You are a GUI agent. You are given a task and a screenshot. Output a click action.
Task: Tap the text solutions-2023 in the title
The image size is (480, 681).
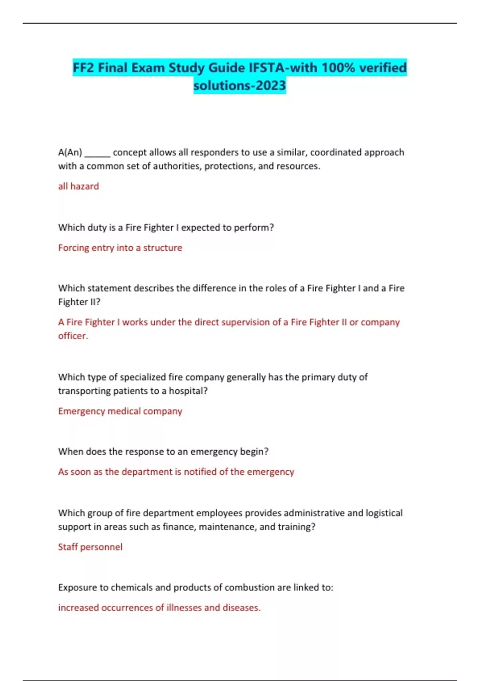tap(240, 85)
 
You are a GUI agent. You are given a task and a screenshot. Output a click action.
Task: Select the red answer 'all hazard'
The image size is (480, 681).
tap(78, 186)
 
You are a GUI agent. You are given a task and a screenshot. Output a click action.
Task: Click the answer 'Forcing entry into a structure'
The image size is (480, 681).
tap(120, 248)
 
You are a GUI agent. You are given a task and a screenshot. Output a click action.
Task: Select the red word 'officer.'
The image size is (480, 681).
tap(73, 336)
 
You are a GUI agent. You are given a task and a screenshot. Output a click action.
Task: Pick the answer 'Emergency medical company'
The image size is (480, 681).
tap(120, 411)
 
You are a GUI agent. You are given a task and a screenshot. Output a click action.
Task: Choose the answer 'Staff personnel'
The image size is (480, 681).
tap(90, 547)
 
